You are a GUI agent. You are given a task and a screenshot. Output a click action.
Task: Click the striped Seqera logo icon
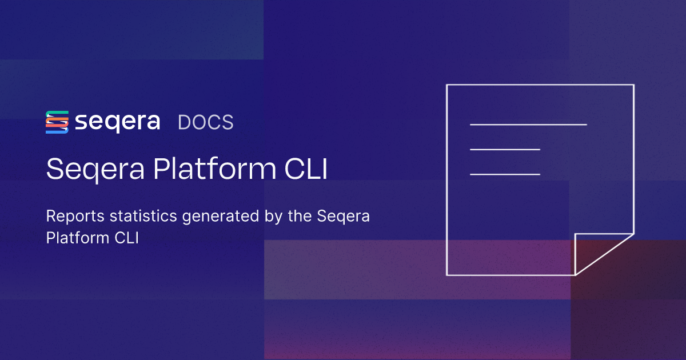[x=57, y=122]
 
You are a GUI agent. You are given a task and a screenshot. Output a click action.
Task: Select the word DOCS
[x=205, y=122]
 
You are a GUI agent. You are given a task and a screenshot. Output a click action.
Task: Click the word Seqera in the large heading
[x=95, y=169]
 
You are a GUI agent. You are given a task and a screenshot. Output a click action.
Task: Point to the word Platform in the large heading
[x=215, y=168]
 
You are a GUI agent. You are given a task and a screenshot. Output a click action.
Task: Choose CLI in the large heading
[x=306, y=169]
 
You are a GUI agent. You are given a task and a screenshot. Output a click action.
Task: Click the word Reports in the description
[x=75, y=217]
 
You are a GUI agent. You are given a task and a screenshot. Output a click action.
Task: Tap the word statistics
[x=143, y=216]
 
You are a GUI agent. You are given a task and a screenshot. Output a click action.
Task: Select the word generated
[x=221, y=217]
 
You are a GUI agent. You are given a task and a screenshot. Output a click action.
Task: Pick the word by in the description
[x=273, y=217]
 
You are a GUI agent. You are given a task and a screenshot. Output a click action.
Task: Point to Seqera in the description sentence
[x=344, y=217]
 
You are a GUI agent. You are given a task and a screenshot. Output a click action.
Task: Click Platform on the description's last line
[x=78, y=238]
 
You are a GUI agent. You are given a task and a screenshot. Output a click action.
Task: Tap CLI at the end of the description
[x=127, y=238]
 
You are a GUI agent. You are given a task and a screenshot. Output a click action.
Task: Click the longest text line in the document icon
[x=528, y=125]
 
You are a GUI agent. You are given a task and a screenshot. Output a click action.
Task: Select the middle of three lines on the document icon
[x=505, y=149]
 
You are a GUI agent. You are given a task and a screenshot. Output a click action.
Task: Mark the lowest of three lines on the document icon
[x=505, y=174]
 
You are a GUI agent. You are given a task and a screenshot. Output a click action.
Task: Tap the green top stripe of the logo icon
[x=57, y=114]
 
